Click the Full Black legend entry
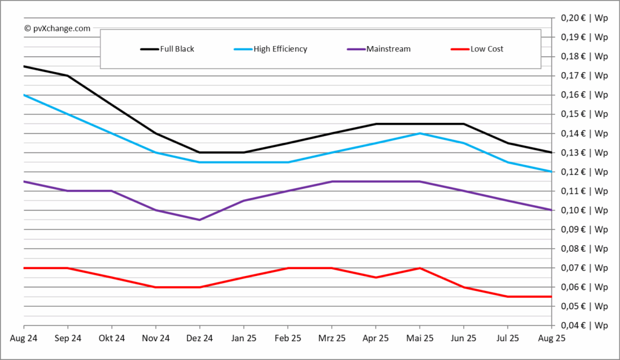[167, 49]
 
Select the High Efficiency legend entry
[271, 49]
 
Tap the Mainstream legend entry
[379, 49]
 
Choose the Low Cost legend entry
[477, 49]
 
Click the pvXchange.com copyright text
[58, 28]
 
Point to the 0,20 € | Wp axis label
[584, 18]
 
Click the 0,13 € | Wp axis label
[584, 152]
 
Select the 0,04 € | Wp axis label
[584, 326]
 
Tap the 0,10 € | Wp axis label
[584, 210]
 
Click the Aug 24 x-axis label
[24, 338]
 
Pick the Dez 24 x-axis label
[200, 338]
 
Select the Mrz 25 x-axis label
[332, 338]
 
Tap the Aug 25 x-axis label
[552, 338]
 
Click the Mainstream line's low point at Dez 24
[200, 220]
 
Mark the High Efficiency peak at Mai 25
[420, 134]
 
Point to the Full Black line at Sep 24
[68, 76]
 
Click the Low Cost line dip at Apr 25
[375, 277]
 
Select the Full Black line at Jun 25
[463, 123]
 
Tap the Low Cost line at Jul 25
[508, 296]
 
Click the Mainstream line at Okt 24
[111, 191]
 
